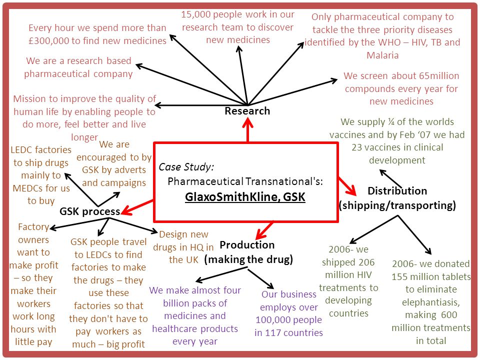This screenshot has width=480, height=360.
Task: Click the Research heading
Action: point(247,111)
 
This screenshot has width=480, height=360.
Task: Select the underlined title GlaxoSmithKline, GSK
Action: point(245,197)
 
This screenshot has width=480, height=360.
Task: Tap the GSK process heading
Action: point(89,211)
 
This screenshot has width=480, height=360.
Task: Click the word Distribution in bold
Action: point(397,190)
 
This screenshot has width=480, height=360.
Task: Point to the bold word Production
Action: point(247,245)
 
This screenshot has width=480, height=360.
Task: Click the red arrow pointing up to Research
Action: point(247,130)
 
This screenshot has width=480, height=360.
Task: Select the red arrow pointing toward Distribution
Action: point(347,186)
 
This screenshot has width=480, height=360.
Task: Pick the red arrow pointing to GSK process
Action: point(137,207)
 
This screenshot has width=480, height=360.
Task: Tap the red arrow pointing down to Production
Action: point(264,230)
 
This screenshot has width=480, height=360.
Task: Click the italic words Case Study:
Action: point(186,167)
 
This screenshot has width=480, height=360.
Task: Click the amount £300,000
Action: point(48,40)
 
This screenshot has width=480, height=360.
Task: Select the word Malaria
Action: point(382,55)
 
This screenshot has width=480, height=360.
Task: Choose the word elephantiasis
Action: point(431,302)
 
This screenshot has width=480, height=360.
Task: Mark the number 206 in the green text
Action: point(366,262)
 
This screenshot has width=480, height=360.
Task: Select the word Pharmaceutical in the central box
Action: point(205,181)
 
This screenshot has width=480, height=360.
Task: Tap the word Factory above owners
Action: point(33,227)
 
